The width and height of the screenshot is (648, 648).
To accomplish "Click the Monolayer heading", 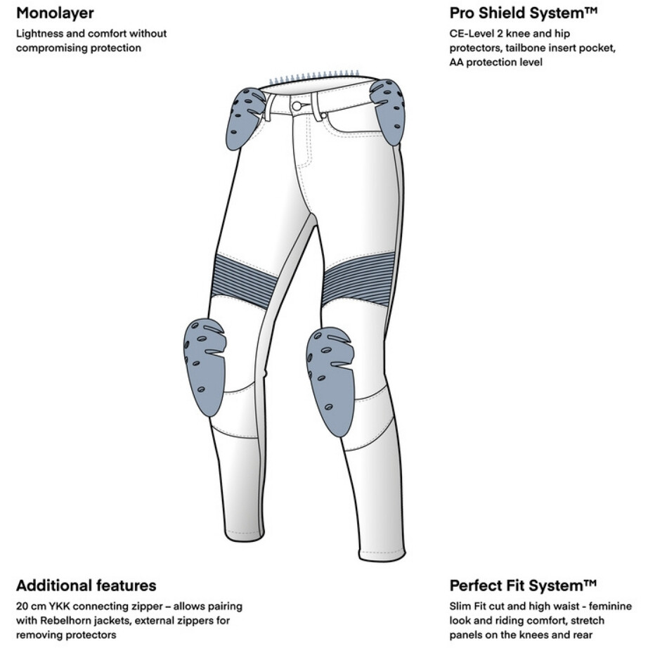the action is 55,13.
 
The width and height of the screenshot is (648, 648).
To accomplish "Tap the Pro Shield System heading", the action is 524,13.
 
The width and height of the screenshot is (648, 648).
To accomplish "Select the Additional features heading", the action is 86,585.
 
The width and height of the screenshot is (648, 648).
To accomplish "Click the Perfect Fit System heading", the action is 523,585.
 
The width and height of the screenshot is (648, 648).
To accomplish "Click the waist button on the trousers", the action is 297,106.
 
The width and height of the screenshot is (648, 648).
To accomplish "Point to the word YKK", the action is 59,607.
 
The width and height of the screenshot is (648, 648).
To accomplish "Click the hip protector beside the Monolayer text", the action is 245,118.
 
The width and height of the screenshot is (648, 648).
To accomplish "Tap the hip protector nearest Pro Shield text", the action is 389,111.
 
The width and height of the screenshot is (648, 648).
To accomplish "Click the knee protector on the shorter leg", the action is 204,366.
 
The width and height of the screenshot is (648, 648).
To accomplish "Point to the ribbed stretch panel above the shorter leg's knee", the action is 240,281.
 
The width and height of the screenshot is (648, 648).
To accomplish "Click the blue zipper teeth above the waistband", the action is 313,77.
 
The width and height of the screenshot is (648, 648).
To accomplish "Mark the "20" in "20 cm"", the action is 22,607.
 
